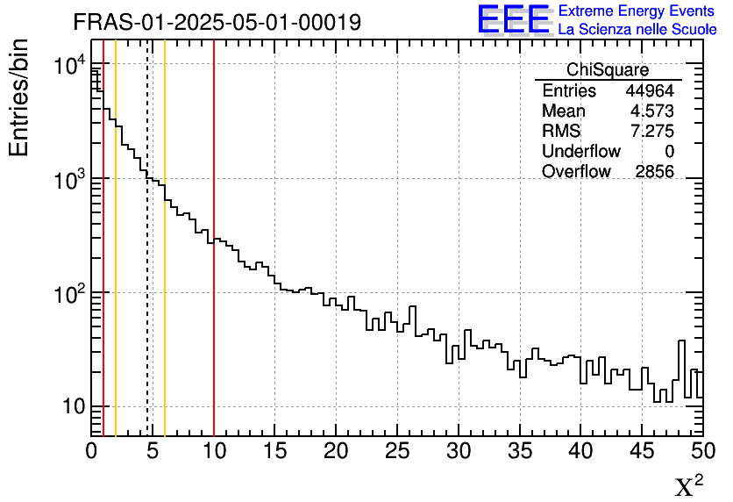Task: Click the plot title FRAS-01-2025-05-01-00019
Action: click(x=217, y=22)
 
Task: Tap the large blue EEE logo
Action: click(x=514, y=19)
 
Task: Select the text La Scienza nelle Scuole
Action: click(x=637, y=29)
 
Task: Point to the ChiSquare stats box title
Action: click(x=608, y=70)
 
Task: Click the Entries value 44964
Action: click(x=650, y=91)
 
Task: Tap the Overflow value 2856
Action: click(x=654, y=172)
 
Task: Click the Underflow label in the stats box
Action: click(x=580, y=152)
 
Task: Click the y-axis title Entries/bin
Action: click(x=19, y=97)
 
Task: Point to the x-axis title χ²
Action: click(x=688, y=485)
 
